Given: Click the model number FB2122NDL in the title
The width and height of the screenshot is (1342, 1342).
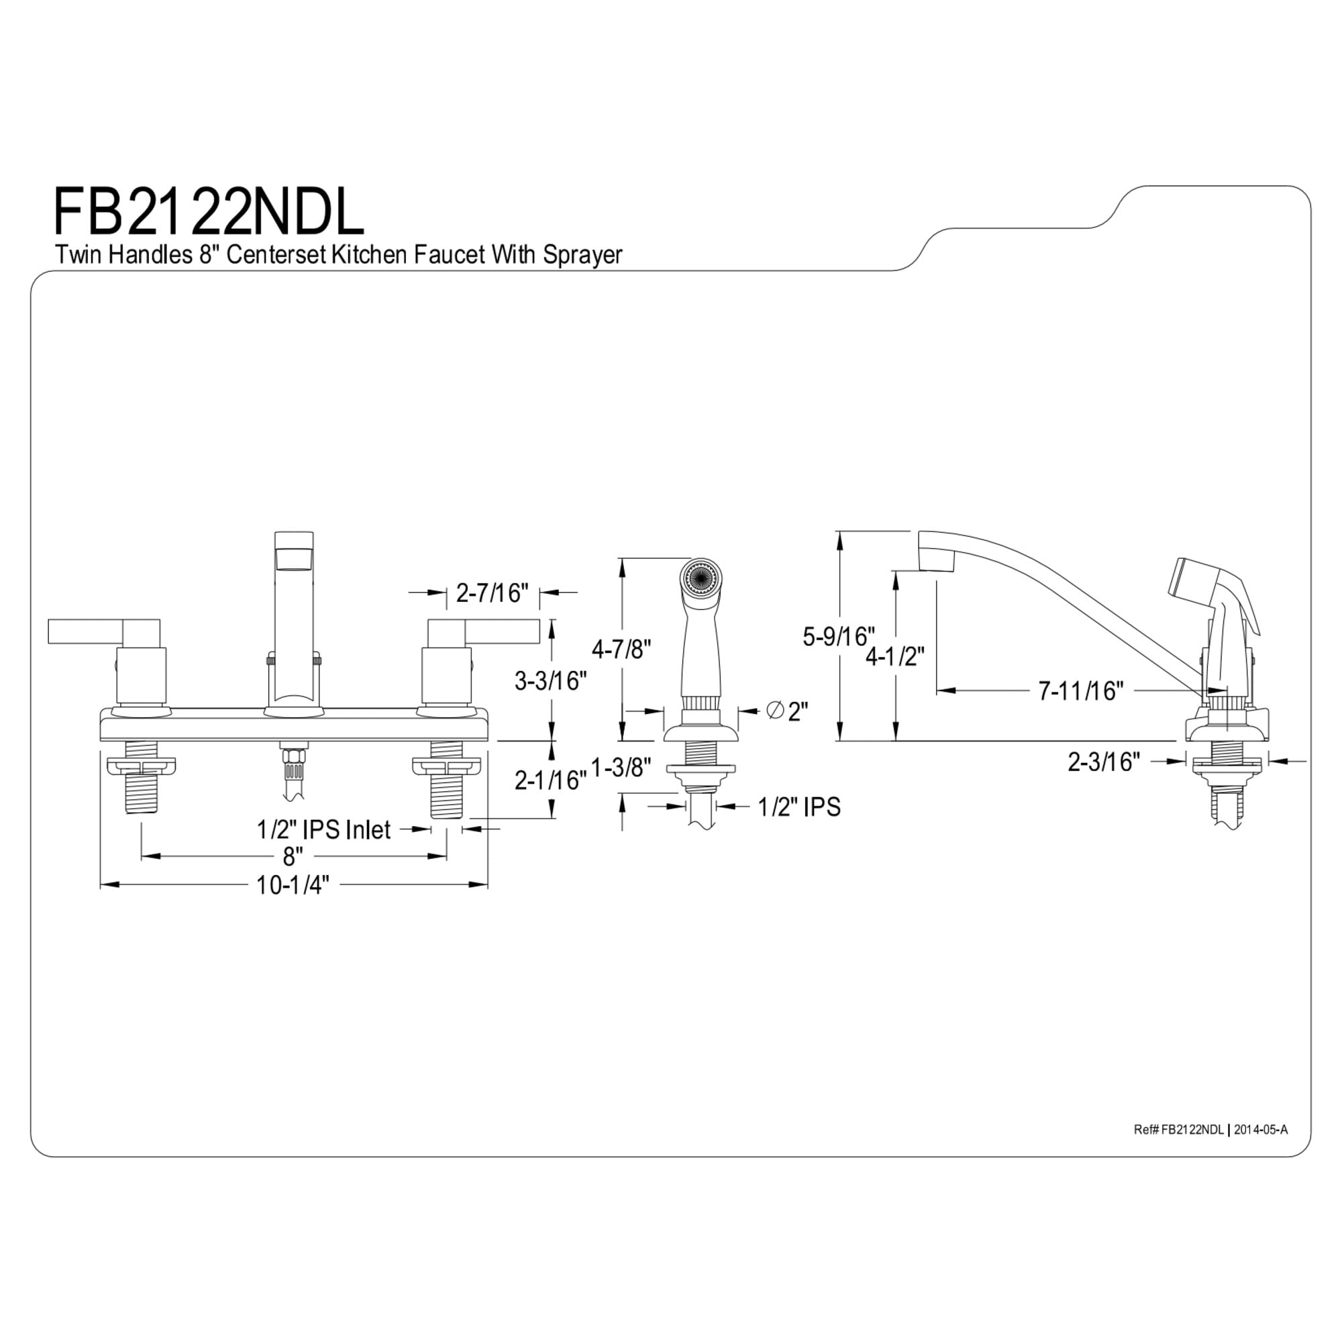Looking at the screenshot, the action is (209, 211).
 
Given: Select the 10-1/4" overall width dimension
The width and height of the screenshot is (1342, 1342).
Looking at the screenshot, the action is (293, 885).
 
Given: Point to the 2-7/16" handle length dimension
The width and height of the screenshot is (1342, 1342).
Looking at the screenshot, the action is (492, 592).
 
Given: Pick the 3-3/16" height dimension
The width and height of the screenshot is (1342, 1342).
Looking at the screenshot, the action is (550, 680).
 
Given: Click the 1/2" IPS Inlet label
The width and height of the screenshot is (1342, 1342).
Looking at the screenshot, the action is (323, 829).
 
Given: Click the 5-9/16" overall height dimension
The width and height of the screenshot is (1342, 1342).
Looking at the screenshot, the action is (838, 636).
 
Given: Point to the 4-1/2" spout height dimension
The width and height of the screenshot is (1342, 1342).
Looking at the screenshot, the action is (895, 656).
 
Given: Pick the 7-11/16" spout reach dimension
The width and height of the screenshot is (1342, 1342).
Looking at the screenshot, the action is (1081, 690).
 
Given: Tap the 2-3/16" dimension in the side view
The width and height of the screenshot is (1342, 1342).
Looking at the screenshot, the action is (1104, 762).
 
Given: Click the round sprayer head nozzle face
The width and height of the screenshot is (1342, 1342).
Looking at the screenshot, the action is (702, 576).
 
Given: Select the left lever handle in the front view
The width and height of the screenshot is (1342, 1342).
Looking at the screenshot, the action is (104, 631).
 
